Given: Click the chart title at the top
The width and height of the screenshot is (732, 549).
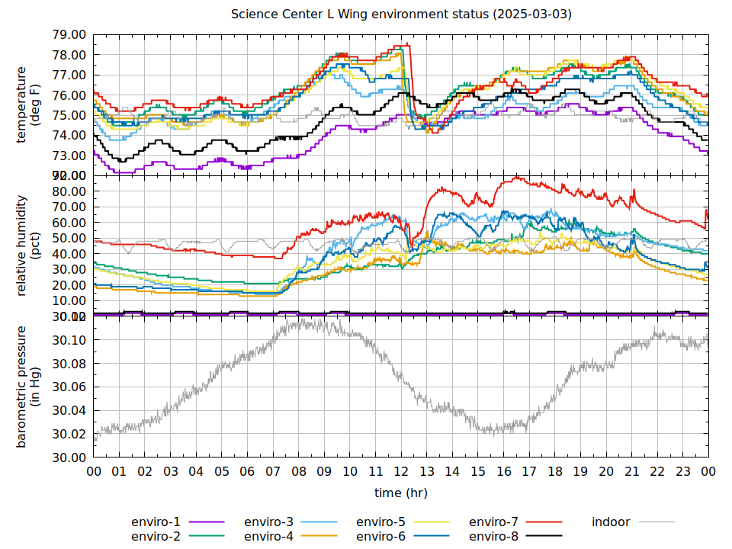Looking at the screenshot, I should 402,14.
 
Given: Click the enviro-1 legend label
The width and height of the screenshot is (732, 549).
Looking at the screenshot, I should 156,522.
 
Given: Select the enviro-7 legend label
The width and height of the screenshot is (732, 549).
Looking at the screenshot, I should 493,522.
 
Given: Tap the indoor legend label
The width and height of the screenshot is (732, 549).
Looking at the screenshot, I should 611,522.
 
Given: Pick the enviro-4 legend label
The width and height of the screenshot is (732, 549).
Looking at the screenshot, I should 268,537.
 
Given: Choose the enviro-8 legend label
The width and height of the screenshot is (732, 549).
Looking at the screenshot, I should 493,537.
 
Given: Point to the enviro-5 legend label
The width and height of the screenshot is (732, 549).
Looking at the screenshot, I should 380,522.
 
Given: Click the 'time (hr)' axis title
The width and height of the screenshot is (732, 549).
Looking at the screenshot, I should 401,493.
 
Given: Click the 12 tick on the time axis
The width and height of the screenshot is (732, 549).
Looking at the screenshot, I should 401,472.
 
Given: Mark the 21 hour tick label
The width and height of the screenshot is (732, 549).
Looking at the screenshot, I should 632,472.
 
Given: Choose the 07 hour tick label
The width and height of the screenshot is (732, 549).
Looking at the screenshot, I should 273,472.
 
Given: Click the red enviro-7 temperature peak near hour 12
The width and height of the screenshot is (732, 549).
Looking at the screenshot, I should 407,44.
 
